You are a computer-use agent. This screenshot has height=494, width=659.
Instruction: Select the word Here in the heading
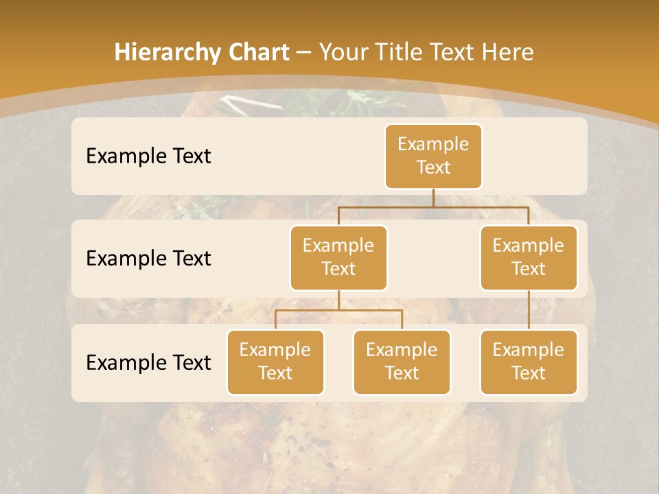click(x=507, y=52)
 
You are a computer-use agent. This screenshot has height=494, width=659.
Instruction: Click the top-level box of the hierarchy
click(x=433, y=156)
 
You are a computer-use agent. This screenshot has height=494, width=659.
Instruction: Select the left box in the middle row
click(x=338, y=257)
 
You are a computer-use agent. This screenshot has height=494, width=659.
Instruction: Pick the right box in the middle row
click(x=529, y=257)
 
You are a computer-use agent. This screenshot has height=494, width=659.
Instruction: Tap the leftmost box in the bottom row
click(x=275, y=362)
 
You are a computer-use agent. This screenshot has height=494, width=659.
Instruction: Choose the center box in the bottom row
click(x=402, y=362)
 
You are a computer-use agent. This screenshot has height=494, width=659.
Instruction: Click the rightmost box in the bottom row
click(x=529, y=362)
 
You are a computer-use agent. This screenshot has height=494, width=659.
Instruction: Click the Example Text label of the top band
click(x=148, y=156)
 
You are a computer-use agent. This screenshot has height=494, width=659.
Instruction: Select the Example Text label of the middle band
click(x=148, y=258)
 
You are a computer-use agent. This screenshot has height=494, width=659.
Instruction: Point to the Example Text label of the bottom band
click(x=148, y=362)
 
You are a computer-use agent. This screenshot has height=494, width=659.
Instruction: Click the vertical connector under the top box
click(x=433, y=198)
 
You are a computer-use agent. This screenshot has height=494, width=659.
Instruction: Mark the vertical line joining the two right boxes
click(x=529, y=310)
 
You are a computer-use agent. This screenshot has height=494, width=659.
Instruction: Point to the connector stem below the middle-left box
click(x=338, y=300)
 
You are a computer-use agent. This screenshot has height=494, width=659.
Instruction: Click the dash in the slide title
click(x=304, y=53)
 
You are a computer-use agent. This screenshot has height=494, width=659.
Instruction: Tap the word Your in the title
click(x=342, y=52)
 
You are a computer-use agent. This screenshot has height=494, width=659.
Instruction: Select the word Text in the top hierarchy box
click(x=433, y=167)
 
